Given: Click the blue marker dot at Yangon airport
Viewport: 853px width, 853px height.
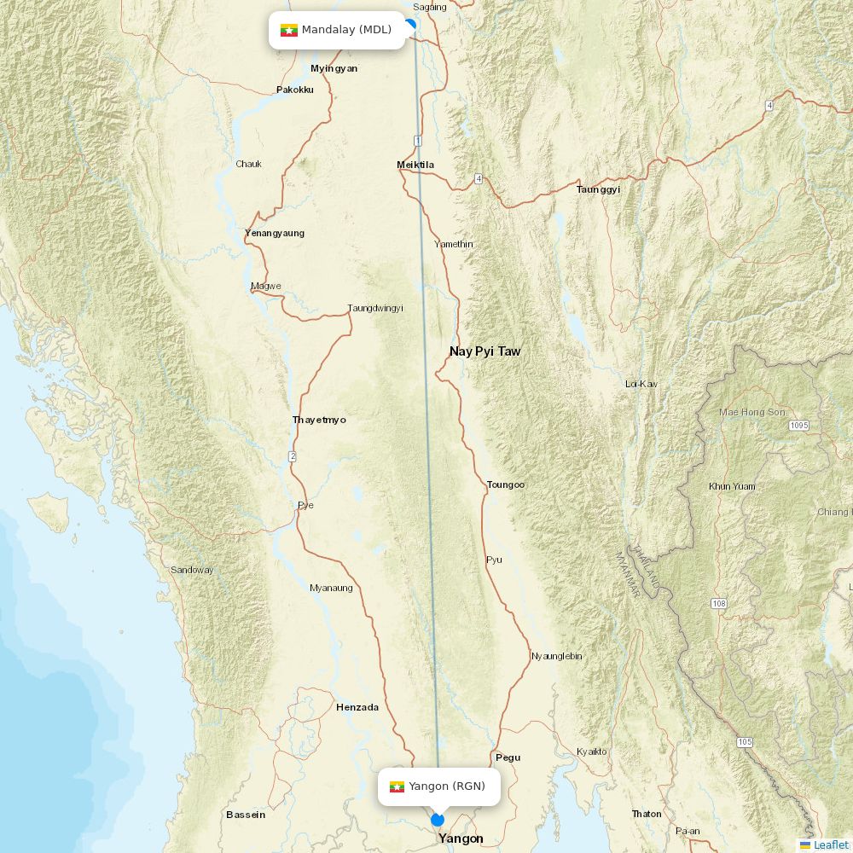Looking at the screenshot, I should [x=438, y=820].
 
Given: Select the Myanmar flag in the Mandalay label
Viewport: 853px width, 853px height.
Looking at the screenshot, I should [x=288, y=31].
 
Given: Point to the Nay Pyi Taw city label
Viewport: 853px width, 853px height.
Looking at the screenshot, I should [x=485, y=351].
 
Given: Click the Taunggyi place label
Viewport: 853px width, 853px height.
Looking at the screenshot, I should [x=598, y=189].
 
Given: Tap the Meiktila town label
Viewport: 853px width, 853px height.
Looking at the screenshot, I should [x=415, y=165].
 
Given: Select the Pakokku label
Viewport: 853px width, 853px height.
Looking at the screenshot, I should [x=295, y=90].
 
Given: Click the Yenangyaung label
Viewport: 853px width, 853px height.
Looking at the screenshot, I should [x=275, y=233].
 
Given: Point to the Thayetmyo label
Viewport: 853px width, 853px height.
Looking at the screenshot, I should [x=319, y=420].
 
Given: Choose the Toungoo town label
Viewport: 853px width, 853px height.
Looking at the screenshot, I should [x=506, y=485].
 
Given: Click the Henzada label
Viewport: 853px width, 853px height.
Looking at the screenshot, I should [x=357, y=707].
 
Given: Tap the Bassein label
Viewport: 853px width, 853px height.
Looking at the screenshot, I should [x=246, y=815].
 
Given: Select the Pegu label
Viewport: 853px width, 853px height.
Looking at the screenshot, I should [x=508, y=757].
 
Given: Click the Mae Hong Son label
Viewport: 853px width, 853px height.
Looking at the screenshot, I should [x=751, y=412].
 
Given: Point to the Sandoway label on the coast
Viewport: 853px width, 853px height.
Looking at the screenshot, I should [x=192, y=570].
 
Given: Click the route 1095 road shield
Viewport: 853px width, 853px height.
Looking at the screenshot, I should [x=798, y=425].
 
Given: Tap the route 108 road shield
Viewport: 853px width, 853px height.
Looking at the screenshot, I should [x=719, y=604].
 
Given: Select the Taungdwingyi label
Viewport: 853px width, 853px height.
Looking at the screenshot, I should [x=375, y=308].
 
